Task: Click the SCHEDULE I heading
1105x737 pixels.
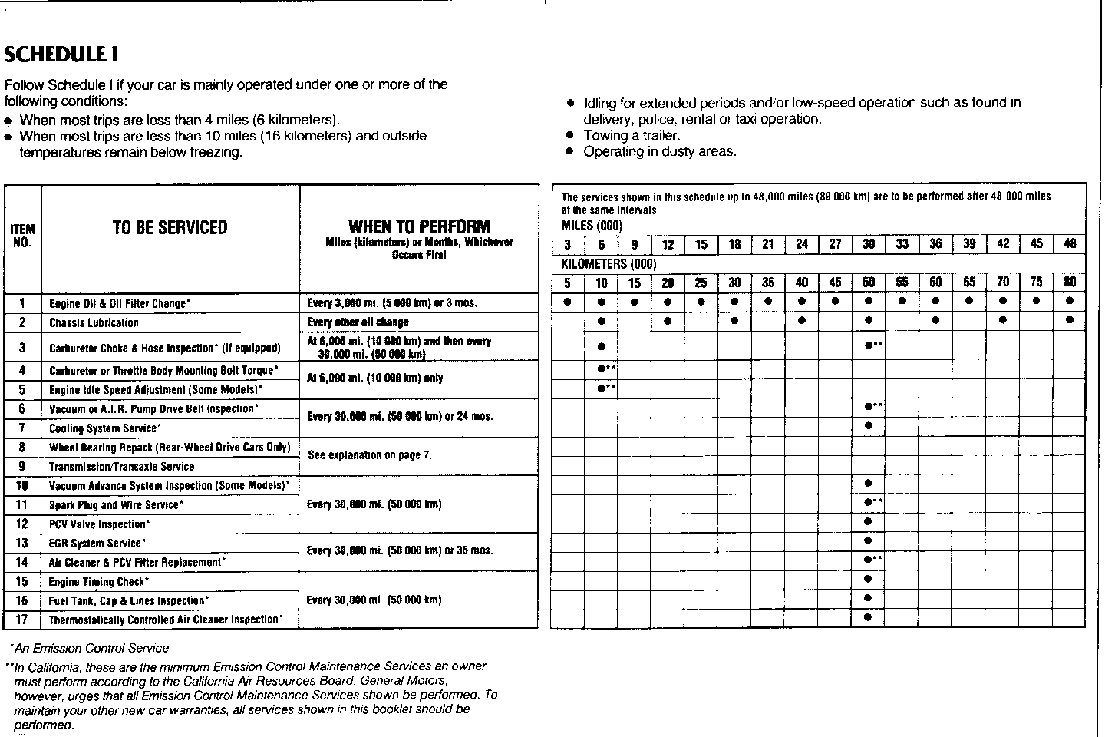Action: [61, 55]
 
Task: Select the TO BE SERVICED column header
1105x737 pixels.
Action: [170, 228]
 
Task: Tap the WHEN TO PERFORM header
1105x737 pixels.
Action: [418, 226]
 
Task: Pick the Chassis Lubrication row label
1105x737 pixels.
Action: [94, 323]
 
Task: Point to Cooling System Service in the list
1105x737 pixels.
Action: [105, 428]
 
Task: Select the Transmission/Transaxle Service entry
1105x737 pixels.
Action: [121, 467]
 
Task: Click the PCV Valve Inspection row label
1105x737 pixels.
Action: [99, 524]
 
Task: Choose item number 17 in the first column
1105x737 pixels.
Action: [22, 620]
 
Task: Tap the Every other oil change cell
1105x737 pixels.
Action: [358, 322]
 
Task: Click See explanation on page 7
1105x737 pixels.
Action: [370, 455]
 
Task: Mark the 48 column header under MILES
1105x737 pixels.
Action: [1070, 244]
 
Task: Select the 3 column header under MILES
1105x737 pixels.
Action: [567, 244]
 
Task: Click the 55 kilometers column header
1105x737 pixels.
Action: [902, 283]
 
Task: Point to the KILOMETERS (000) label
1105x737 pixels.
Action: [609, 263]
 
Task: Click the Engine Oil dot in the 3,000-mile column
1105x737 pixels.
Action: [567, 302]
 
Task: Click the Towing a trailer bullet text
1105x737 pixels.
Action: [632, 135]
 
